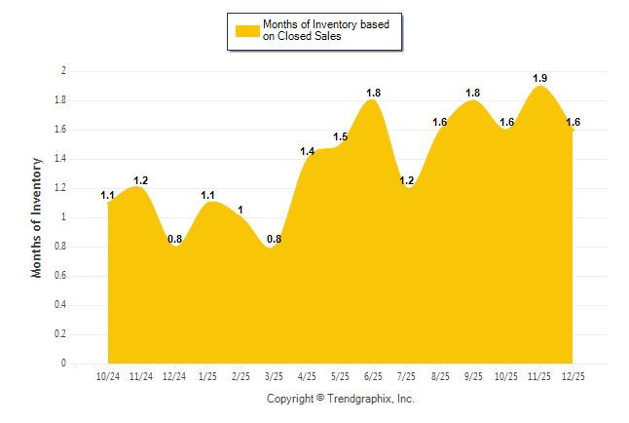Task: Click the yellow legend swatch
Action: point(247,30)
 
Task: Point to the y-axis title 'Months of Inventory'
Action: point(37,217)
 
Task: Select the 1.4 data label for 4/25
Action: point(308,151)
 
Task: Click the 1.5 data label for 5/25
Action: point(341,136)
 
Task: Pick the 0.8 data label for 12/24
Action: point(174,239)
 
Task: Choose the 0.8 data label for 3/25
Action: point(275,239)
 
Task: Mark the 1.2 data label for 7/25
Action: point(407,180)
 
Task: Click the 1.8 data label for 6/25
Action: point(374,93)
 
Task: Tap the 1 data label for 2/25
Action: point(240,210)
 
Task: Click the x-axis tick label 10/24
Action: point(108,376)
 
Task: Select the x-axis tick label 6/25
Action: point(374,376)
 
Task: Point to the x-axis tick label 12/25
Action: point(573,376)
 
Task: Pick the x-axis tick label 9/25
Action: point(474,376)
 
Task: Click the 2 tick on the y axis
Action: point(63,71)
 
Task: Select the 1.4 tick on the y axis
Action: point(60,159)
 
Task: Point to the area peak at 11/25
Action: point(540,87)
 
